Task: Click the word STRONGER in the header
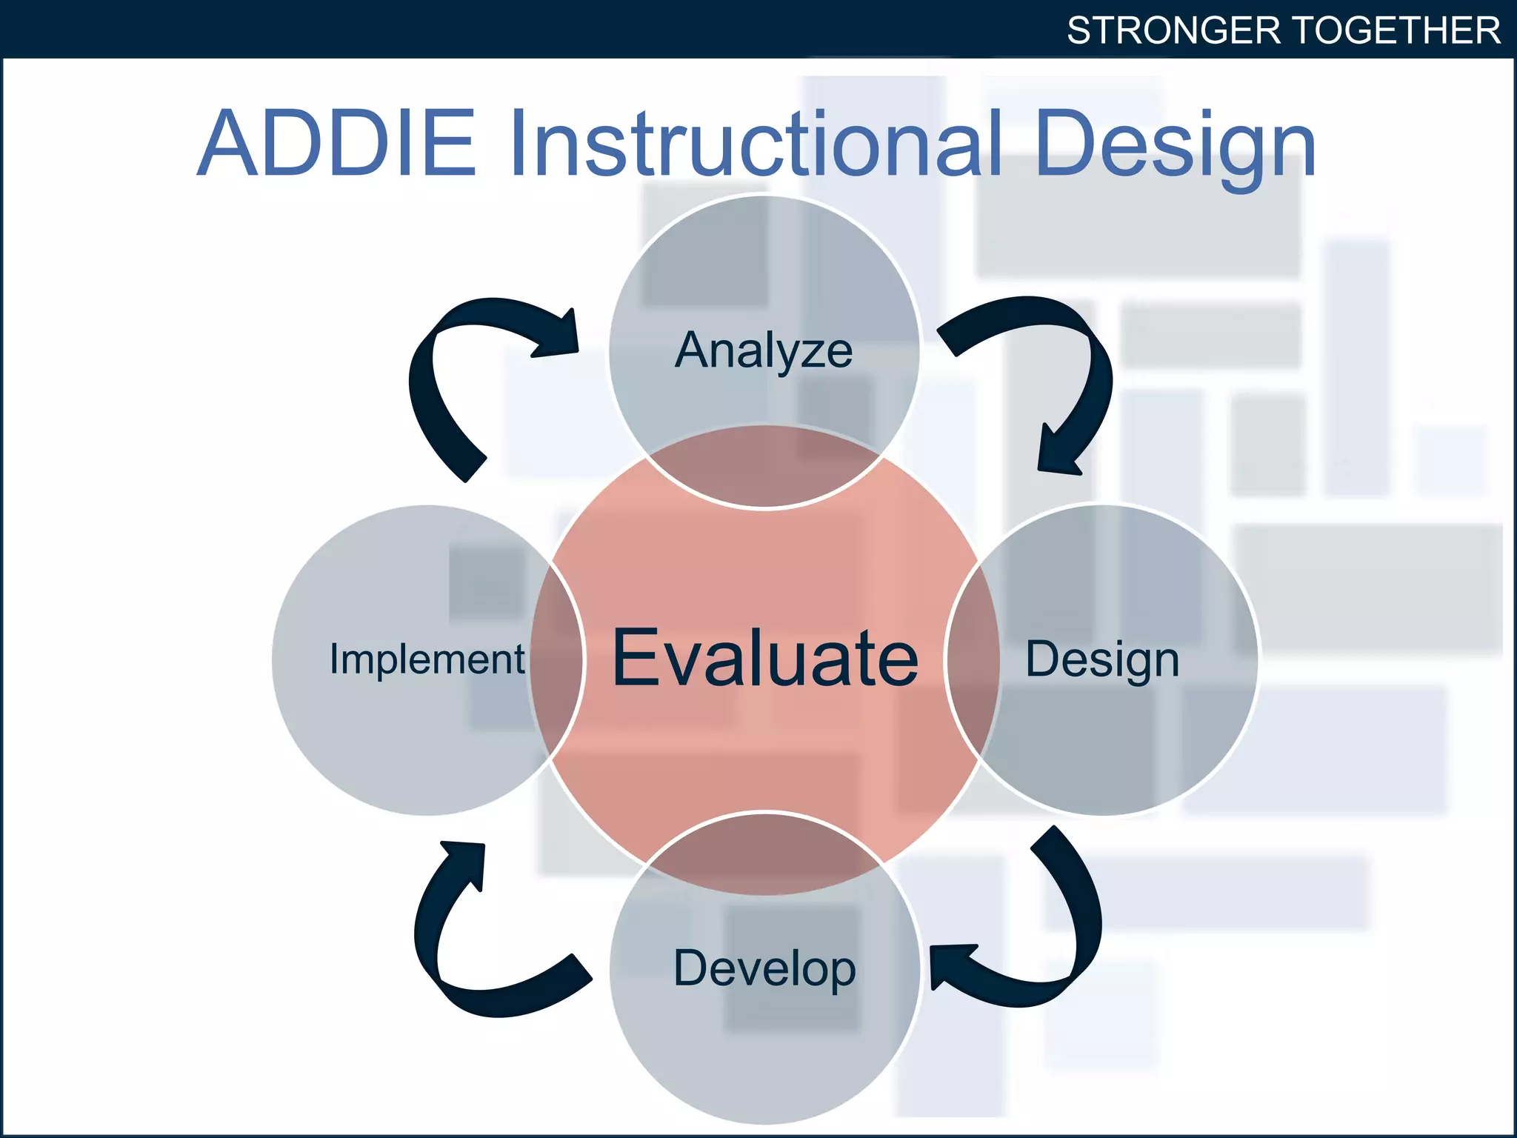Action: click(1173, 30)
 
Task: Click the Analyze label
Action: click(764, 350)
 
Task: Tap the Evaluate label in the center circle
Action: click(765, 658)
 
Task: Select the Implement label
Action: click(427, 659)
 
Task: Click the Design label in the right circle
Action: click(1101, 659)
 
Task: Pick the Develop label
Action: click(764, 968)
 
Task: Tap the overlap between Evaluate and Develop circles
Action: click(764, 852)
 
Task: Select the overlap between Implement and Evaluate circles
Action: click(556, 659)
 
